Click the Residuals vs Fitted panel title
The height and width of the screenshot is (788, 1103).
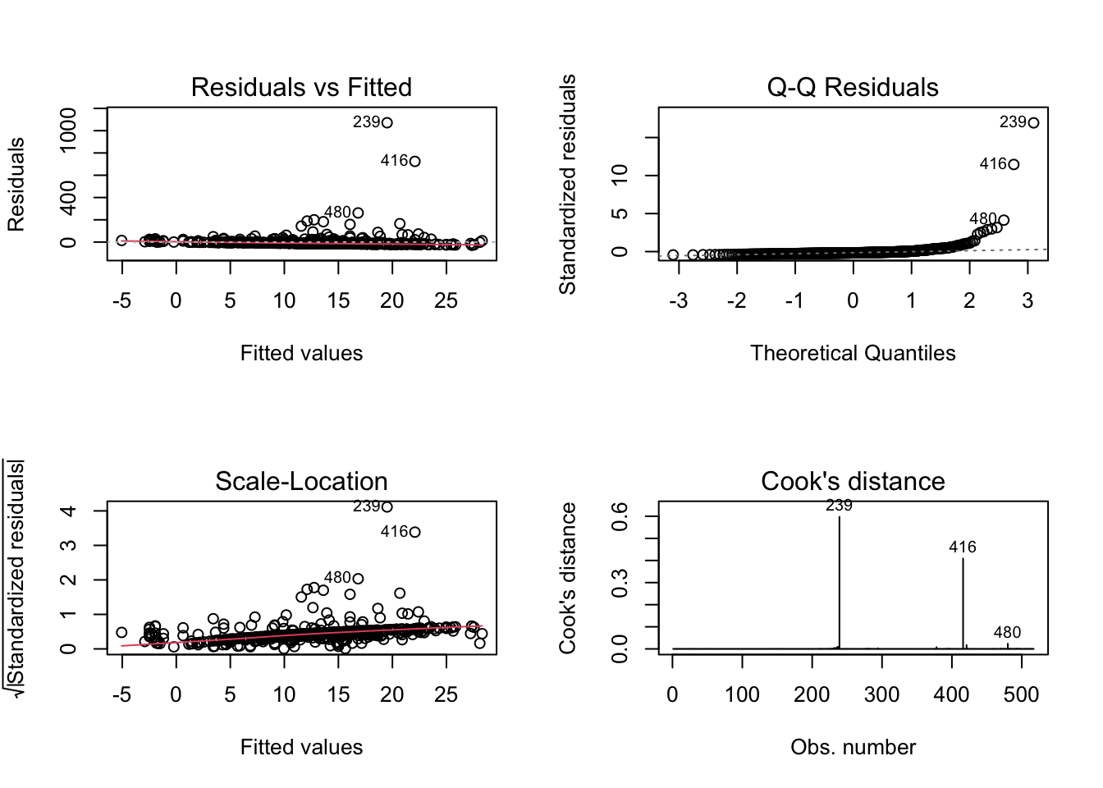[x=301, y=87]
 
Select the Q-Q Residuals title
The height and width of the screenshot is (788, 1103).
[x=853, y=87]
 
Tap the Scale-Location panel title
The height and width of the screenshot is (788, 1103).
[x=301, y=481]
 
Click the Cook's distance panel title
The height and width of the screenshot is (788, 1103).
[x=853, y=481]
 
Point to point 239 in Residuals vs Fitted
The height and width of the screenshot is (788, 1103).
[x=387, y=123]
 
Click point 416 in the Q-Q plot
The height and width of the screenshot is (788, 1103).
[x=1014, y=164]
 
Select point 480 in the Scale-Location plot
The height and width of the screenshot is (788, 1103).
[x=358, y=579]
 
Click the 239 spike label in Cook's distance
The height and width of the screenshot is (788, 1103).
[x=839, y=506]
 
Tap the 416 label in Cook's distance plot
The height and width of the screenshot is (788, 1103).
[x=963, y=547]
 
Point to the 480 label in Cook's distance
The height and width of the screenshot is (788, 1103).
[x=1007, y=632]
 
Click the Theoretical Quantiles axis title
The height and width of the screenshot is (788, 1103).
[x=853, y=353]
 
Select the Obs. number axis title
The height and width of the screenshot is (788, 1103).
[x=853, y=747]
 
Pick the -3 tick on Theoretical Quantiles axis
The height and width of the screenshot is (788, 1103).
[x=678, y=300]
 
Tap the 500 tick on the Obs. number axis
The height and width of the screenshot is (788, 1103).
[x=1022, y=694]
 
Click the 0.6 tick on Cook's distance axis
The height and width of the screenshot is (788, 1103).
[x=620, y=516]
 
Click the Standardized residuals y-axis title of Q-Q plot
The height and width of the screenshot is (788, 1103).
[x=567, y=184]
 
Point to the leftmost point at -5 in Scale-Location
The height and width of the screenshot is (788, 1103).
[x=121, y=632]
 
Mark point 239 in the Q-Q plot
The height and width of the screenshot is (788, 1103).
[x=1033, y=123]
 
